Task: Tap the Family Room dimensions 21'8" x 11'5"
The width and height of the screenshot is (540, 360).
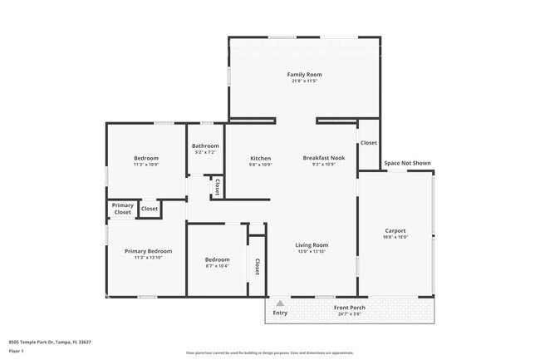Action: click(304, 81)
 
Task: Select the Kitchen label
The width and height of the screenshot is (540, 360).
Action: click(261, 158)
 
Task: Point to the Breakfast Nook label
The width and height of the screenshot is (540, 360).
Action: click(318, 158)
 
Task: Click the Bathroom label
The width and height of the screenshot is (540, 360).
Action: click(205, 146)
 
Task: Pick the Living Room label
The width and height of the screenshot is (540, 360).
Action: click(312, 245)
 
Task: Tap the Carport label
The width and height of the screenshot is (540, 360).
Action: click(395, 230)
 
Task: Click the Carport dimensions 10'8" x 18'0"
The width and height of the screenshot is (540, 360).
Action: click(395, 237)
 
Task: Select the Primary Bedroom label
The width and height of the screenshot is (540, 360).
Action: click(148, 251)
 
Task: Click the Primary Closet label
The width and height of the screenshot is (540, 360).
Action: click(123, 209)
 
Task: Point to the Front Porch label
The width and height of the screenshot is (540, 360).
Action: click(350, 308)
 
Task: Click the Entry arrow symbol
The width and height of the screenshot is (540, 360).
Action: click(280, 303)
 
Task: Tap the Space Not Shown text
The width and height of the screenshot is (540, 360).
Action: click(407, 163)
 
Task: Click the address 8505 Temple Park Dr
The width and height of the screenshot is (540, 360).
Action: click(50, 342)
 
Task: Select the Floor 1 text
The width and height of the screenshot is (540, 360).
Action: click(17, 352)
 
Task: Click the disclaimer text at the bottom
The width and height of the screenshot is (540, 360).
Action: click(270, 353)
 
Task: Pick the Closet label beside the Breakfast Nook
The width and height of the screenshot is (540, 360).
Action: click(369, 143)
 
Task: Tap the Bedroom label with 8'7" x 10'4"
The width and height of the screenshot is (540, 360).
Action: click(217, 259)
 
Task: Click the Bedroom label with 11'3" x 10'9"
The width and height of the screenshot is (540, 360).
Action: click(146, 158)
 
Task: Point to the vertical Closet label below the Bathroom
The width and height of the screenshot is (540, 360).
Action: click(217, 186)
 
